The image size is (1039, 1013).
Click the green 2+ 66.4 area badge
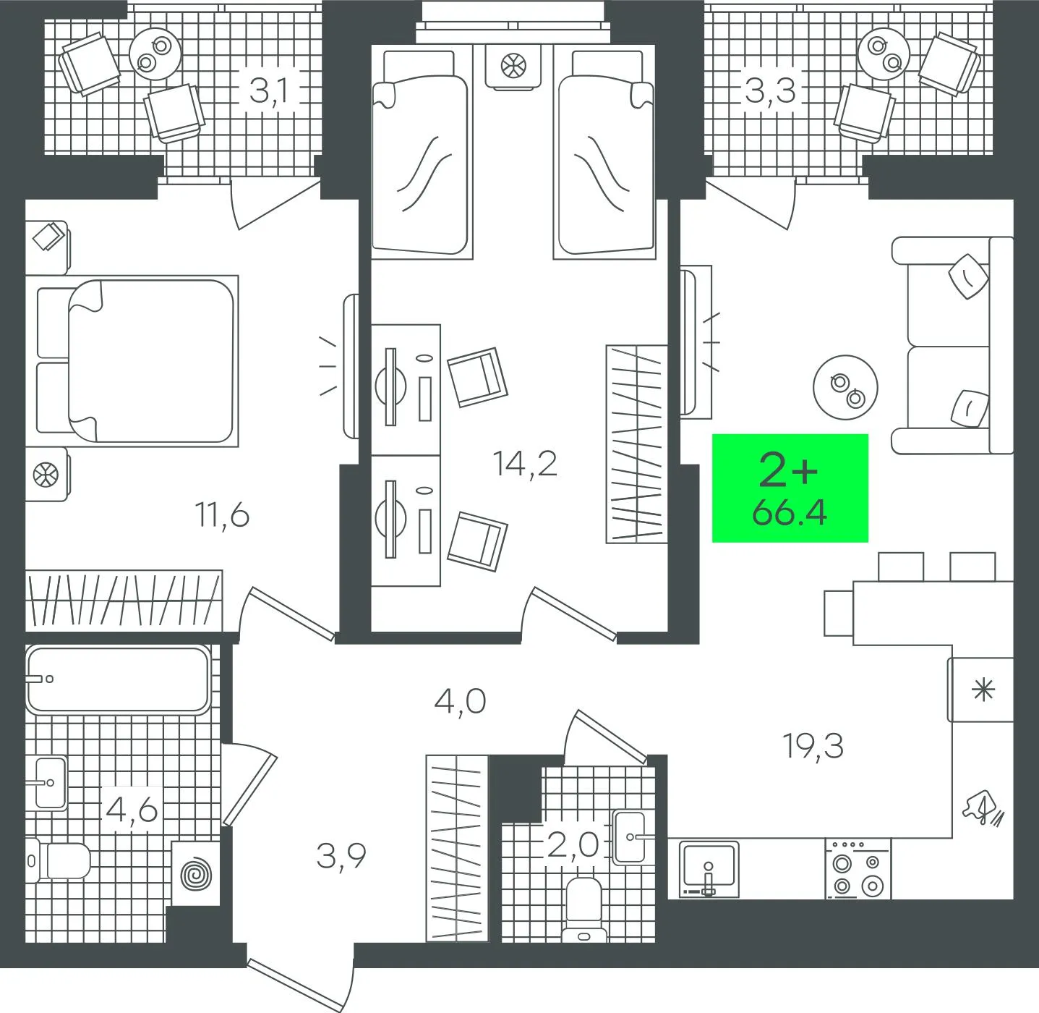(790, 488)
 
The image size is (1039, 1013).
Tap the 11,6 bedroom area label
(223, 516)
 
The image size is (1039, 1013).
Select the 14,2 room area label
(525, 463)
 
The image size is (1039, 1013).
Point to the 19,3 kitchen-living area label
(813, 746)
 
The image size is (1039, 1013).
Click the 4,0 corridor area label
(460, 702)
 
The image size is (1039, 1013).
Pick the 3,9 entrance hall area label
(341, 857)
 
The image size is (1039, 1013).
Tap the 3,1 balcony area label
(269, 91)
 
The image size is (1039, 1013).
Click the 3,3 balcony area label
(771, 91)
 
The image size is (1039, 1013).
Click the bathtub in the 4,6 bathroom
(118, 679)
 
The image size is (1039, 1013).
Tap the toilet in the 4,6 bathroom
(58, 861)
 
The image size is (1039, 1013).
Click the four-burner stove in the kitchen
(858, 869)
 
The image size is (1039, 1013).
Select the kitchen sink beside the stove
(709, 869)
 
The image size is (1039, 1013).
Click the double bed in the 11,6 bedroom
(137, 361)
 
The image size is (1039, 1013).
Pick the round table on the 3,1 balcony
(155, 54)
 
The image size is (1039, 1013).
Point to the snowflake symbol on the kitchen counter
(983, 690)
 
